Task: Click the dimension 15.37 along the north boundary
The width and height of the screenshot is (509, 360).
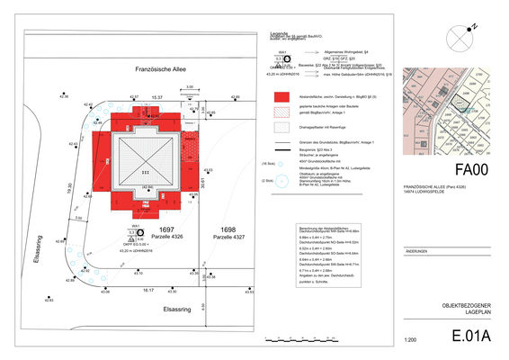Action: point(156,95)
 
